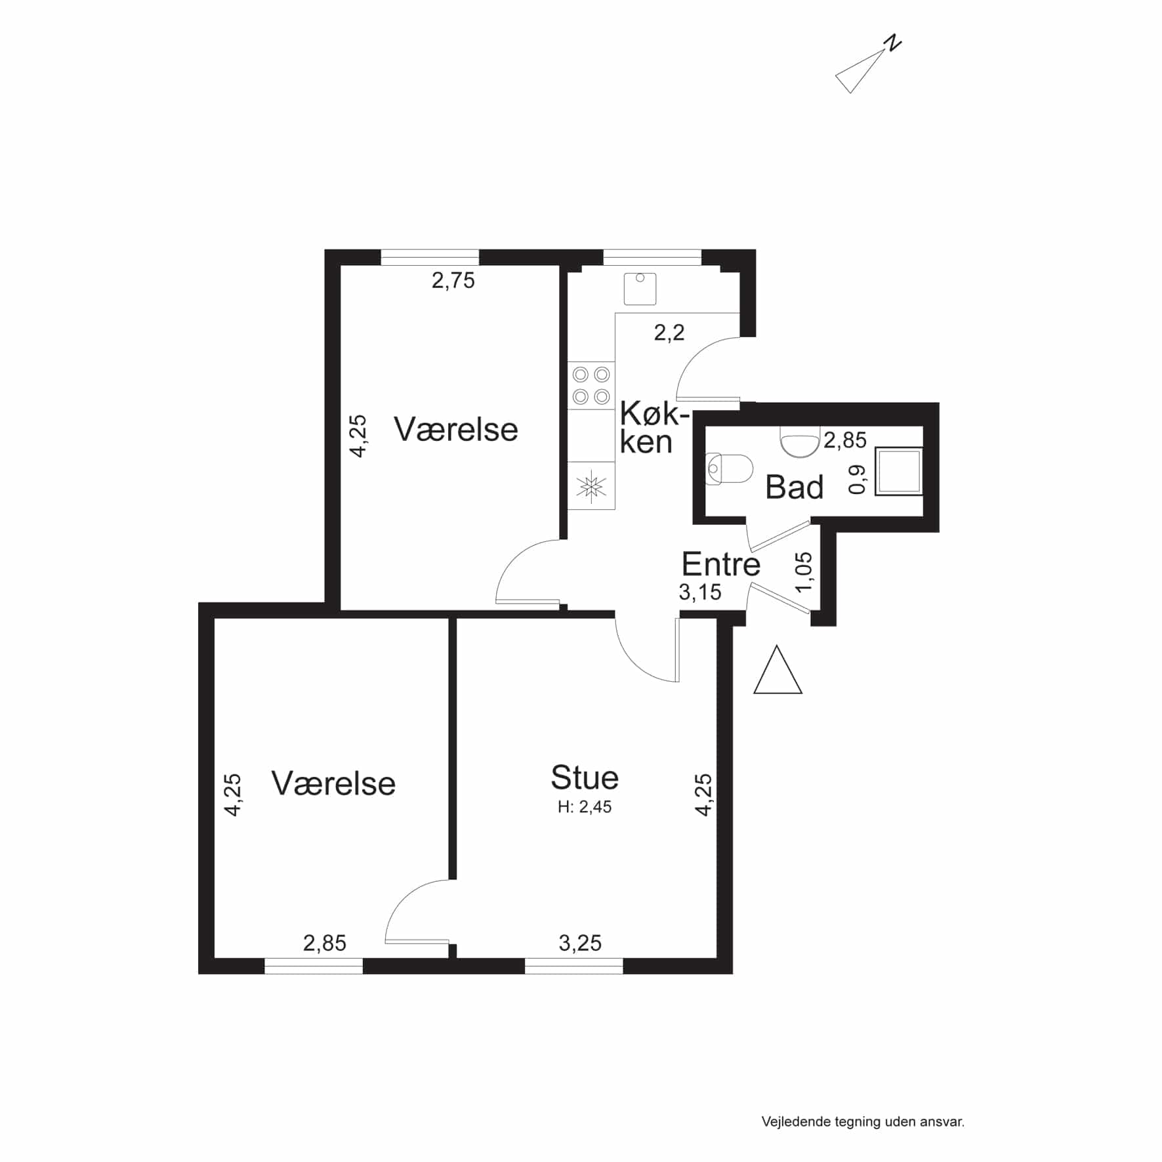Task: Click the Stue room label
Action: (585, 778)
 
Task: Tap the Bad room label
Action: (795, 488)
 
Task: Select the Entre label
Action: (721, 564)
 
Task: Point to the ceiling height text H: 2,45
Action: (585, 807)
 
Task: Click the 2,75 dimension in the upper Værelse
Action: (453, 281)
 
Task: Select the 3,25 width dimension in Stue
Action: (580, 943)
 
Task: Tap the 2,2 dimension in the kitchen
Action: (669, 333)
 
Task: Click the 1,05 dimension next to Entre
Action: (804, 571)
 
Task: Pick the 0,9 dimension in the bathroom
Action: (858, 479)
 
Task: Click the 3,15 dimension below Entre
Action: (700, 592)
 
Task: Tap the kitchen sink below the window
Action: (640, 289)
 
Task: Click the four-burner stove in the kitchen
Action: (591, 386)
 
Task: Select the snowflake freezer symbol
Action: (591, 486)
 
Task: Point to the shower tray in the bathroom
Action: (899, 470)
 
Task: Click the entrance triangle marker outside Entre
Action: (778, 670)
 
